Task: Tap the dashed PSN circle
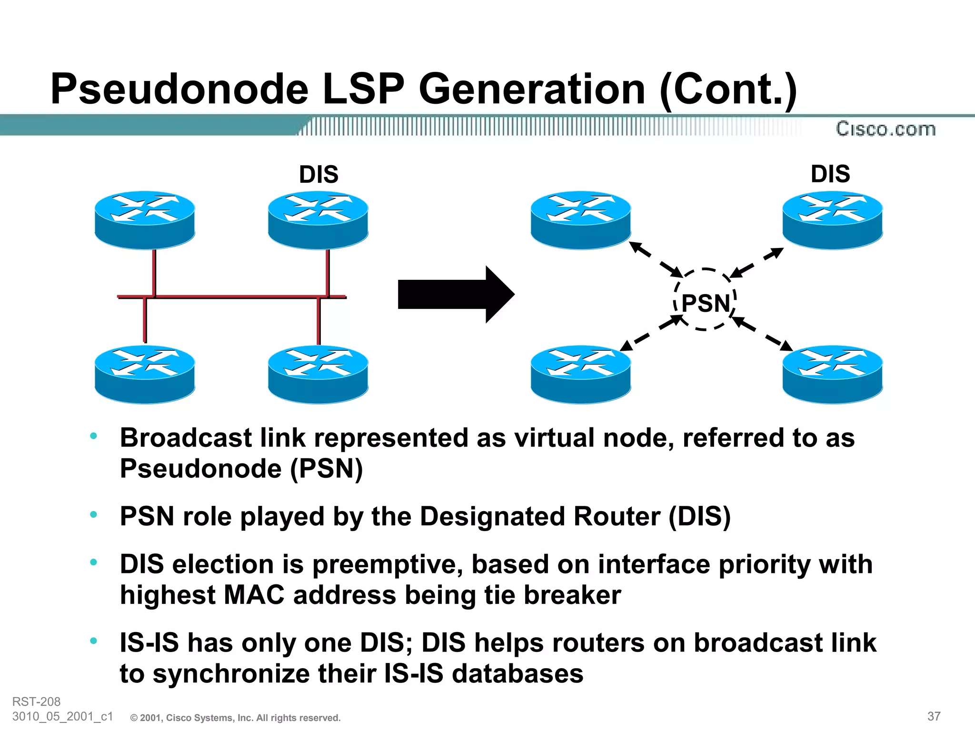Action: pyautogui.click(x=705, y=299)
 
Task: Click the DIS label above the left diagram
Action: pyautogui.click(x=318, y=174)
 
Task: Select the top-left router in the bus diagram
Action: pyautogui.click(x=145, y=219)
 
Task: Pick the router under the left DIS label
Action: pyautogui.click(x=318, y=219)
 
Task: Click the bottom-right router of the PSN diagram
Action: pyautogui.click(x=833, y=374)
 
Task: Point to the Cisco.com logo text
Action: pyautogui.click(x=885, y=129)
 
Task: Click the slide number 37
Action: pyautogui.click(x=934, y=716)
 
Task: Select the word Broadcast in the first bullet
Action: pyautogui.click(x=186, y=438)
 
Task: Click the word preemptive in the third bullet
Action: pyautogui.click(x=388, y=564)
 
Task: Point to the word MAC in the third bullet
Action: pyautogui.click(x=254, y=595)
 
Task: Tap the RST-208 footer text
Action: pyautogui.click(x=36, y=701)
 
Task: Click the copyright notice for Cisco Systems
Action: pyautogui.click(x=235, y=718)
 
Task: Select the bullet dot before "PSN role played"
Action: pyautogui.click(x=94, y=514)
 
